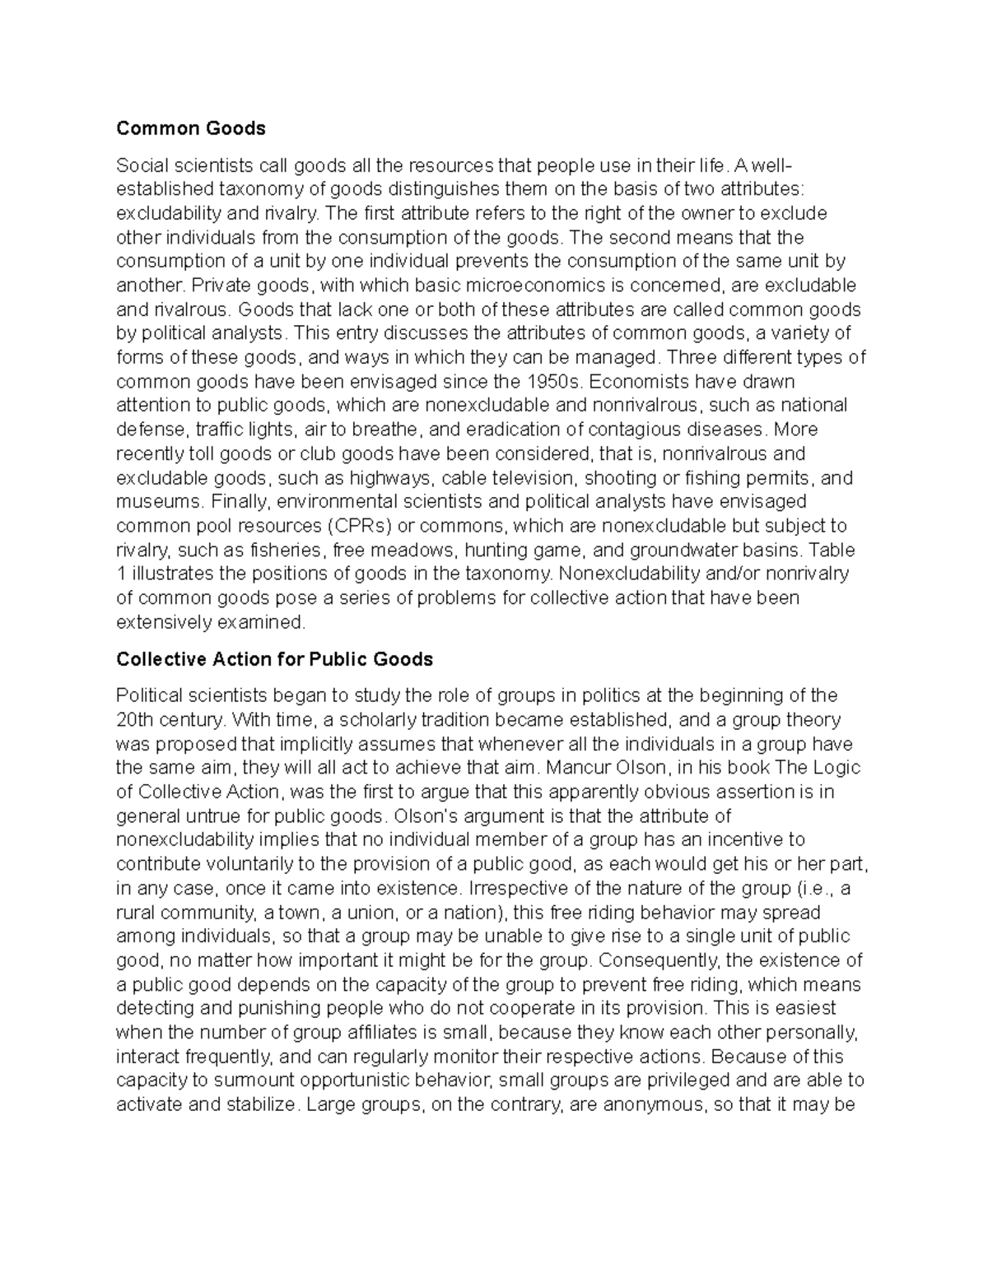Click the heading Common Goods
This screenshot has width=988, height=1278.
[191, 128]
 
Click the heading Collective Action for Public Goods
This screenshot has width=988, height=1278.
[274, 659]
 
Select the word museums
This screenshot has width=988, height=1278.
[158, 502]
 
